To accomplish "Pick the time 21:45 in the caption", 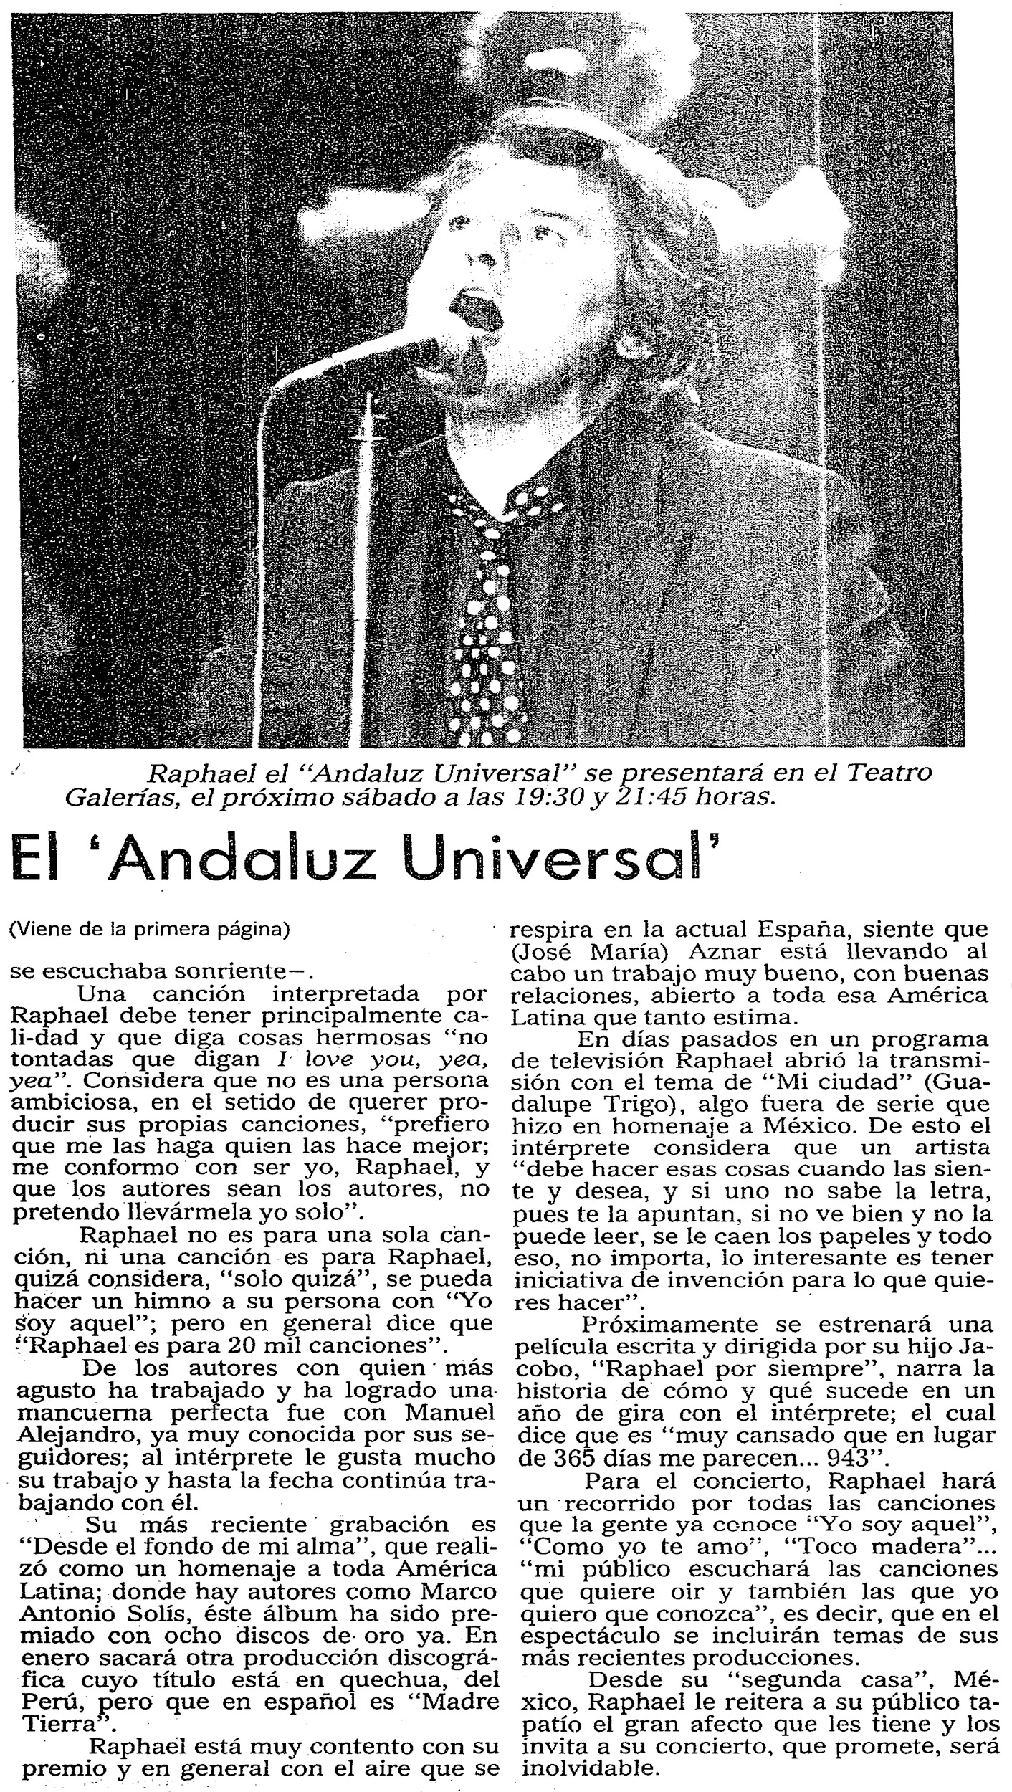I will point(658,797).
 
